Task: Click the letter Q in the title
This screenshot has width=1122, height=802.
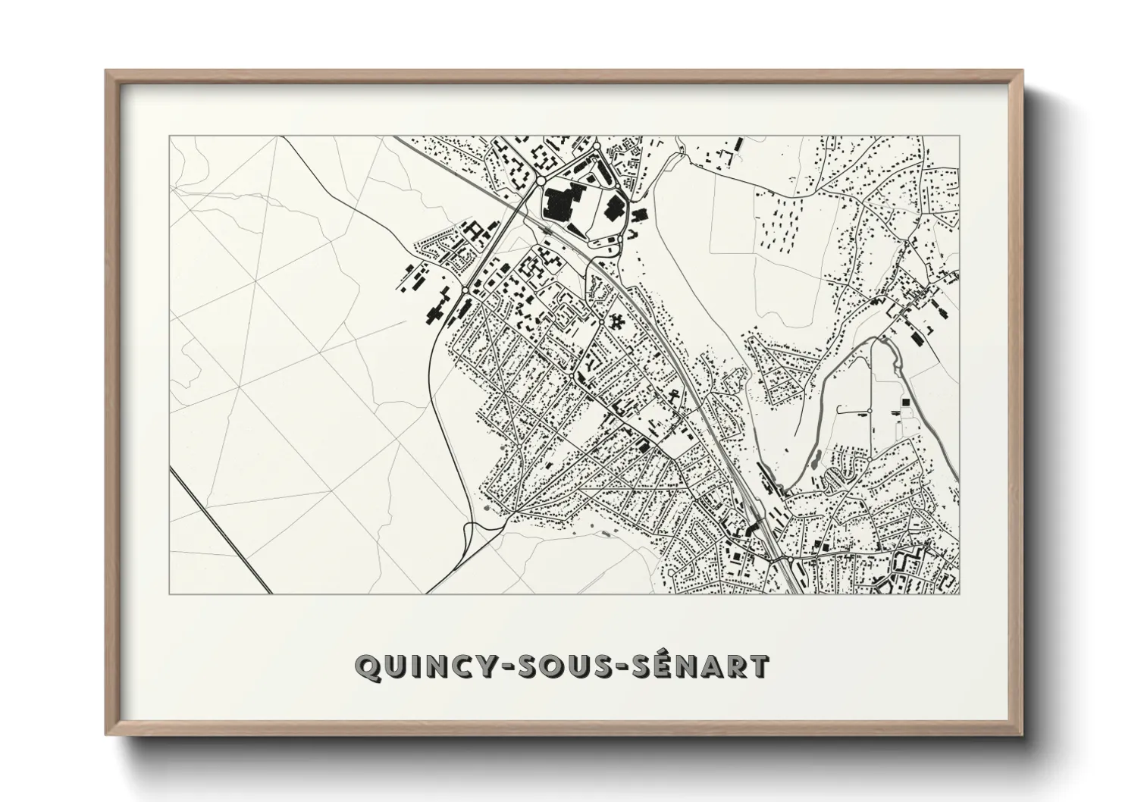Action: coord(367,667)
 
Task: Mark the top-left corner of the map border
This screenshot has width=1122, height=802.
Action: coord(169,136)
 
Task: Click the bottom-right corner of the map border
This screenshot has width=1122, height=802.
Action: coord(959,594)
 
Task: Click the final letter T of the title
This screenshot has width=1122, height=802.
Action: coord(759,666)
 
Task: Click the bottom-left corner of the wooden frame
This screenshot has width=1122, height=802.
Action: coord(107,734)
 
